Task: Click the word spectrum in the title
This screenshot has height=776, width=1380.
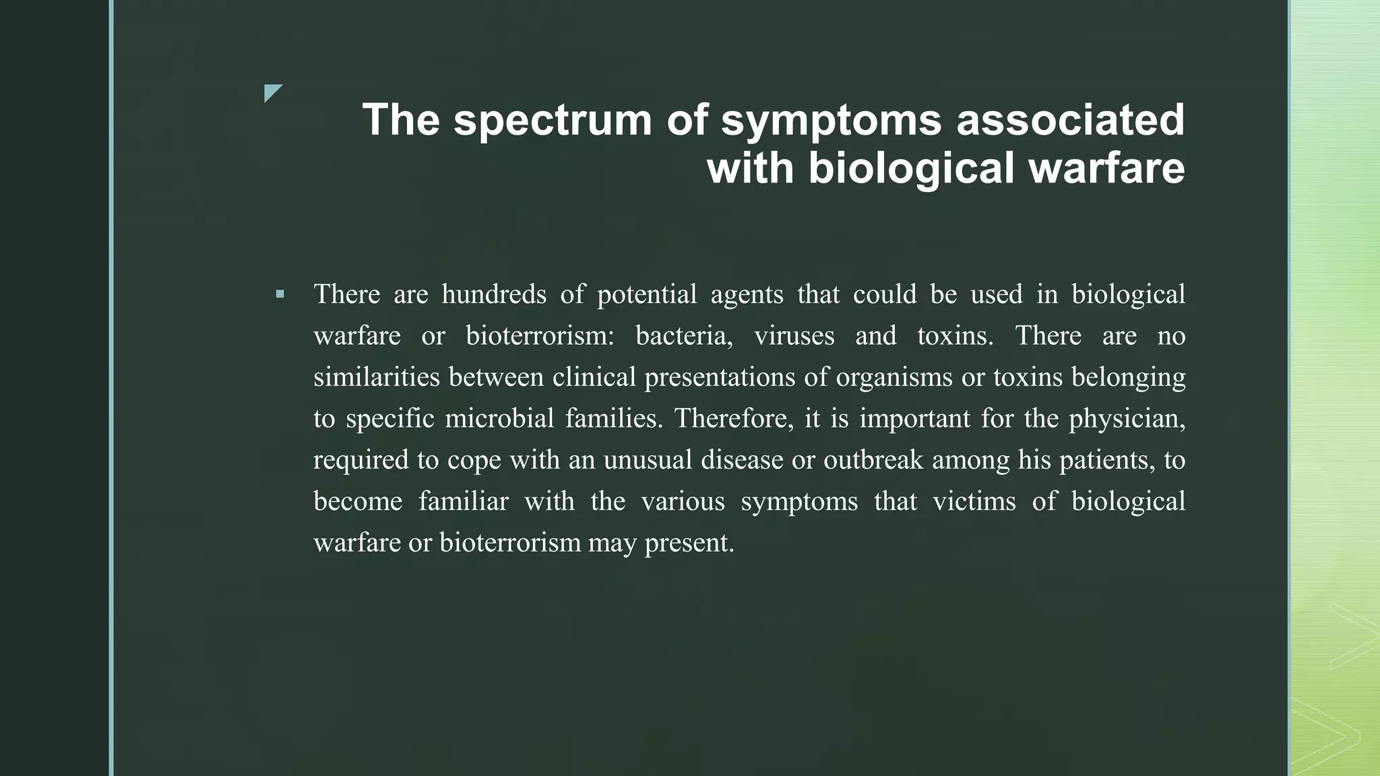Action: pos(553,121)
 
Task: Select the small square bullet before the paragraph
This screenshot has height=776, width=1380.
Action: pos(280,294)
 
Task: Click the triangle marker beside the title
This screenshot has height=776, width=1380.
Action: pos(272,93)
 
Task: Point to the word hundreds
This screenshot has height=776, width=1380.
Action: pos(494,294)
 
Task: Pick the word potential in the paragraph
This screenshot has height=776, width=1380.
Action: pos(647,294)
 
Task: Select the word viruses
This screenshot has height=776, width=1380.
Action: pos(794,335)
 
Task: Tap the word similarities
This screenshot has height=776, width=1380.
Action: pos(376,377)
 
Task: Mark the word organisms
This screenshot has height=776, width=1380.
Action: pos(894,377)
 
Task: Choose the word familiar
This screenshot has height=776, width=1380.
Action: pos(463,501)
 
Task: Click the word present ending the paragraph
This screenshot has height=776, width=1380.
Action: pos(689,543)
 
